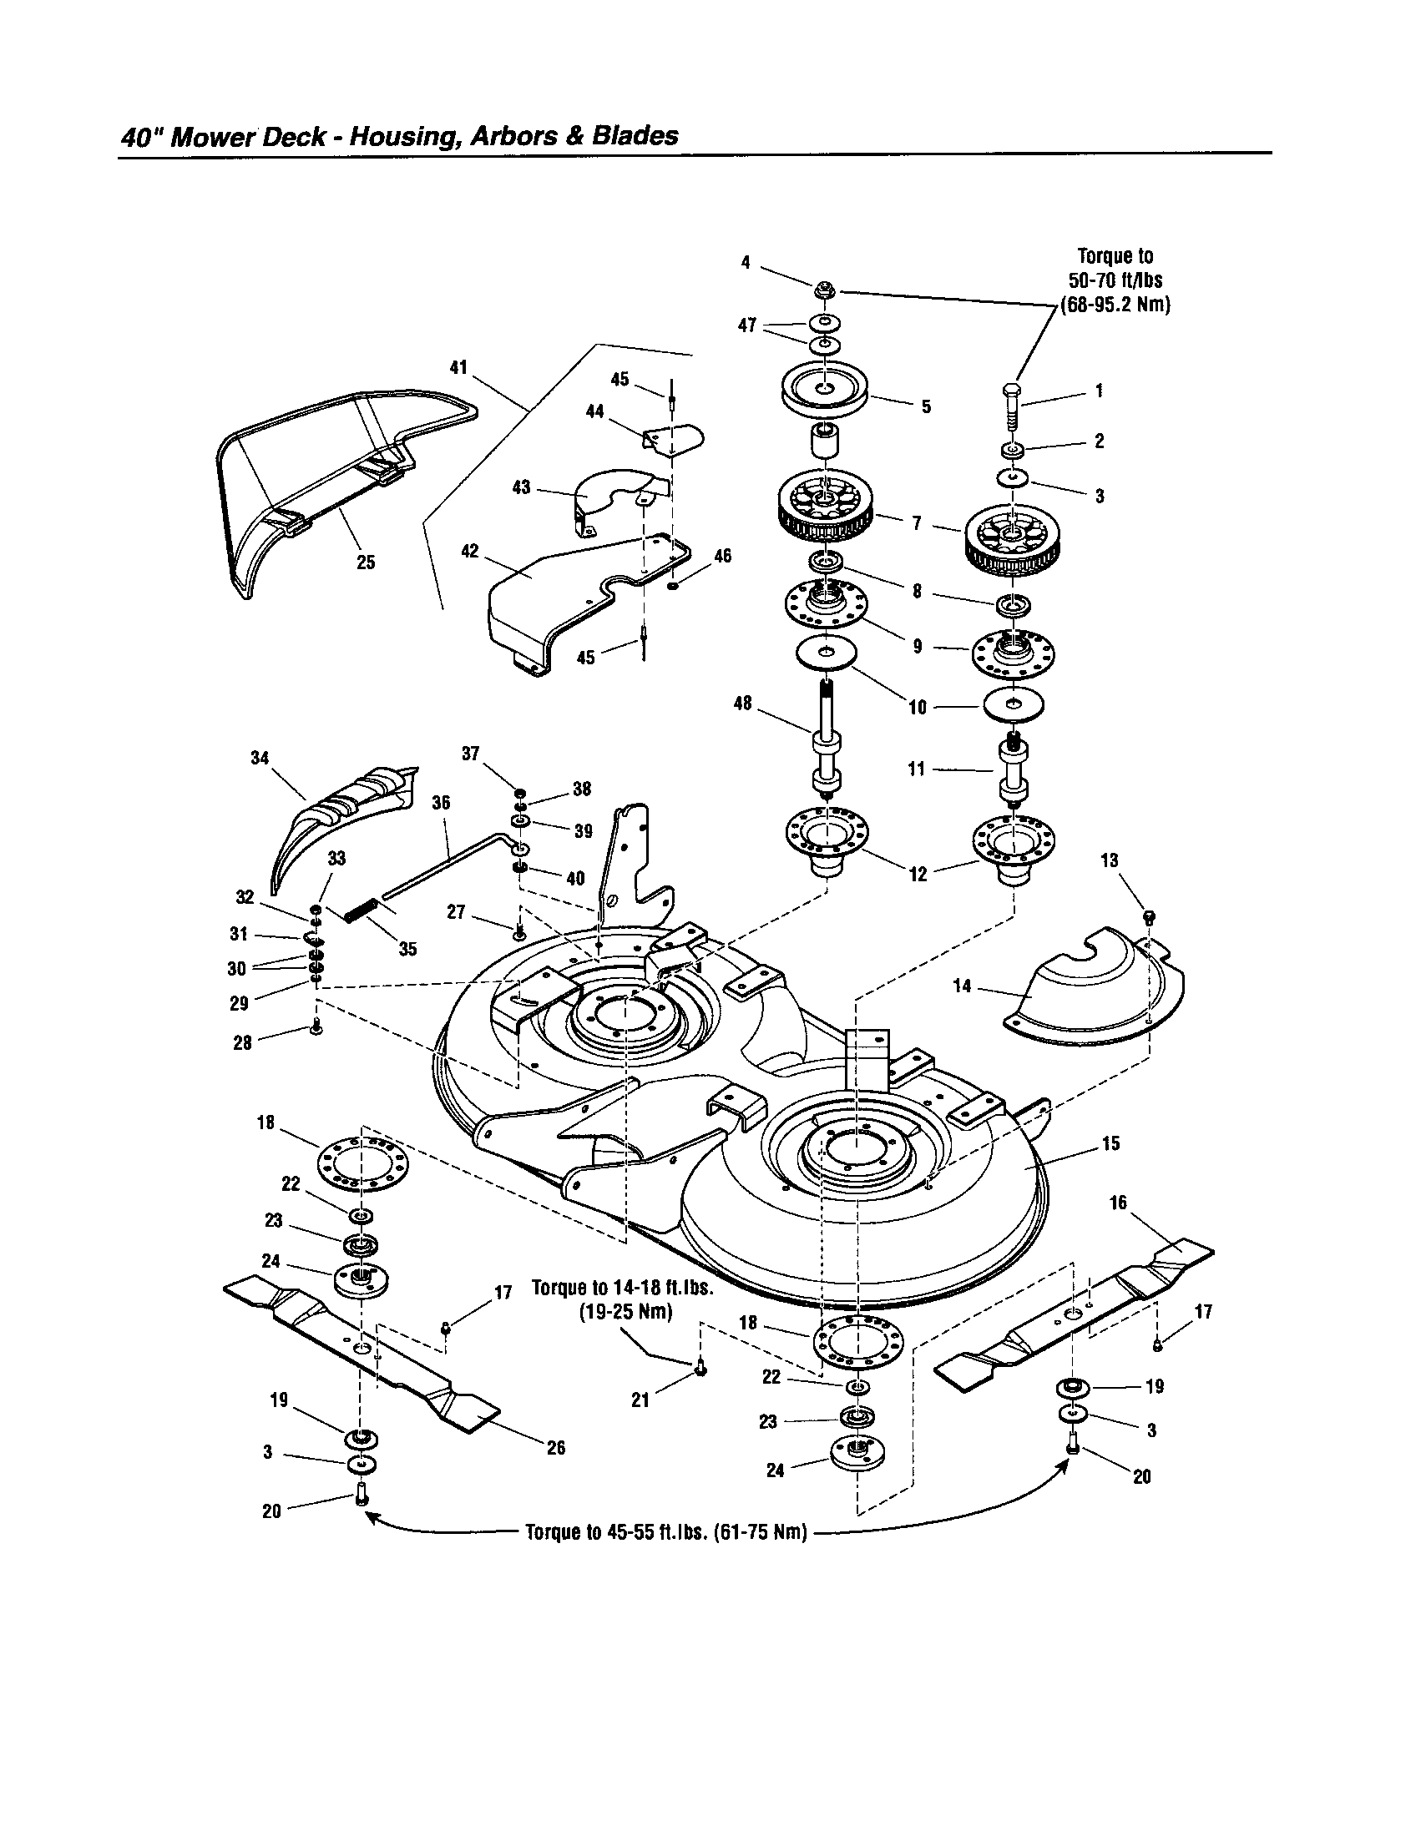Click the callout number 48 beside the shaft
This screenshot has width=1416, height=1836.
tap(742, 703)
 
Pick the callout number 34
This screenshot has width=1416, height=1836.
tap(260, 758)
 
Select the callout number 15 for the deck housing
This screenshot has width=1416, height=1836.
tap(1110, 1143)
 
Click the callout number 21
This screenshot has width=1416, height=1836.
tap(640, 1400)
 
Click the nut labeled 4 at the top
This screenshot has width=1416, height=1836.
tap(822, 291)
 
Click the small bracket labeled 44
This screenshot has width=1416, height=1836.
tap(673, 438)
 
